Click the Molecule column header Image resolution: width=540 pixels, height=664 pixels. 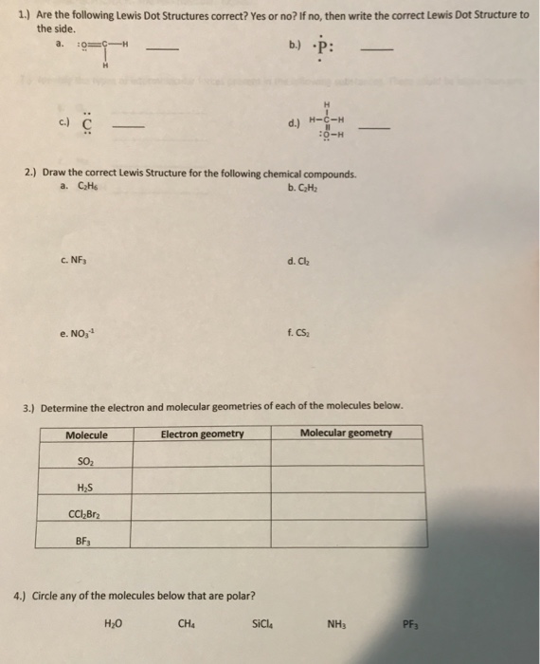coord(86,434)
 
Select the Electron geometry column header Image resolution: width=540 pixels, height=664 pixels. coord(202,434)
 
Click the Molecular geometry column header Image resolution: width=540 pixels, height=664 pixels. coord(346,433)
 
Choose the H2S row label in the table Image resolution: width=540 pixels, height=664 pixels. coord(84,488)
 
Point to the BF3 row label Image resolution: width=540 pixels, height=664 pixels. coord(84,545)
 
